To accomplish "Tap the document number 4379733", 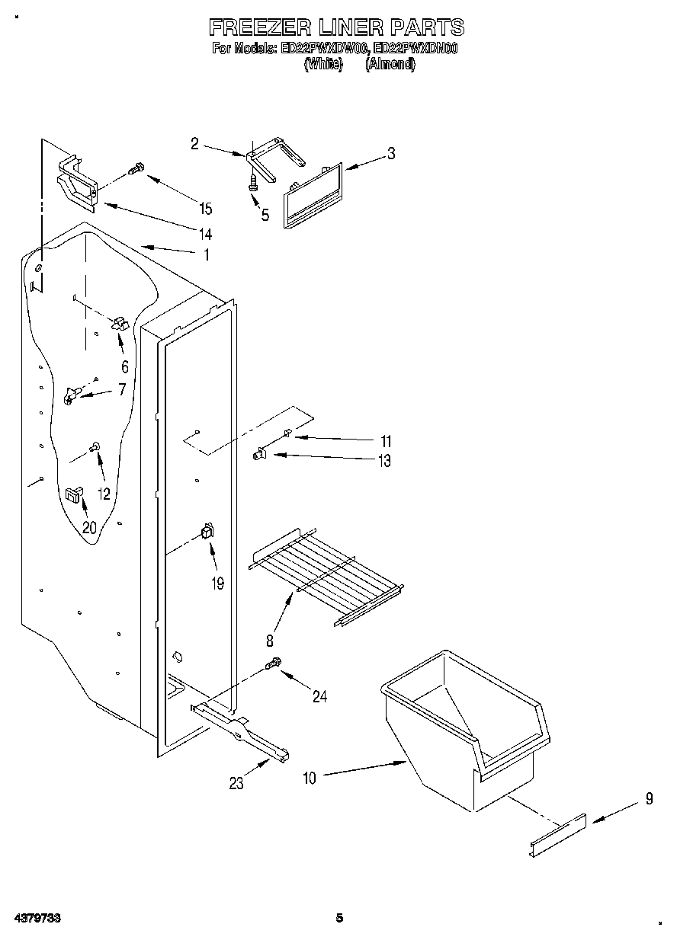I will pos(35,918).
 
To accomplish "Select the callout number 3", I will pos(391,153).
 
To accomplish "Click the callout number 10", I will pos(309,778).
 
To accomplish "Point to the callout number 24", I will pos(320,695).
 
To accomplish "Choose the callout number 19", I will pos(218,584).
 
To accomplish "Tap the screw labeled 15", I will pos(136,170).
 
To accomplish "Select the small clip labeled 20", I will pos(74,494).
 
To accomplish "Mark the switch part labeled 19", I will pos(206,532).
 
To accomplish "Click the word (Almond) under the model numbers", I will pos(390,66).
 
